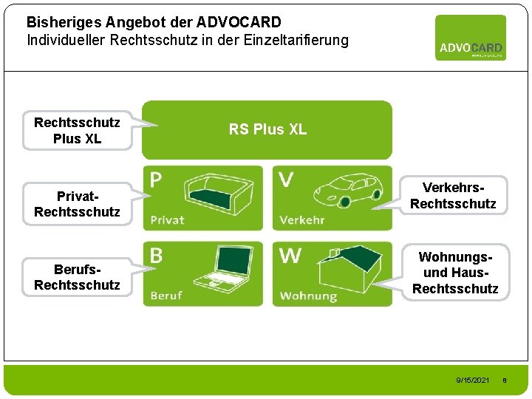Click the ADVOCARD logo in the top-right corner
pos(471,38)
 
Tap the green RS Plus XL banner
pos(267,130)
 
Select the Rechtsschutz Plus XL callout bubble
pos(77,130)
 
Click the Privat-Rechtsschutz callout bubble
pos(77,204)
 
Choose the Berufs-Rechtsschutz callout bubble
pos(77,278)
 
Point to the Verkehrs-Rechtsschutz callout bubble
pos(453,196)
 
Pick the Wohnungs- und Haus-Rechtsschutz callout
pos(455,273)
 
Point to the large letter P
pos(157,180)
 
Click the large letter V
pos(287,180)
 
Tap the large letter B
pos(157,256)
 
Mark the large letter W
pos(290,256)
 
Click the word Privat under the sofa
pos(168,219)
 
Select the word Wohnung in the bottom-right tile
pos(308,296)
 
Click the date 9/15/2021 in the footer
pos(473,380)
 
